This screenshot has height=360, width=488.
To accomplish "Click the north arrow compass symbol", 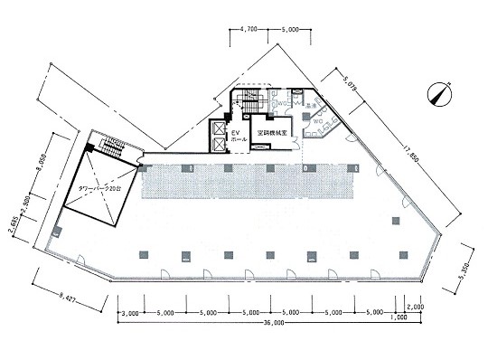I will click(441, 94).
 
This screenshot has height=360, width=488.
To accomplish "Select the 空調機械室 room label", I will click(271, 132).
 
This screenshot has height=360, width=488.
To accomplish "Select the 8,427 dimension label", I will click(61, 294).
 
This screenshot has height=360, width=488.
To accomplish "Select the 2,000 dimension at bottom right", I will click(414, 306).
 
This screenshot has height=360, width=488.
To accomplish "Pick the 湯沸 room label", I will click(309, 105).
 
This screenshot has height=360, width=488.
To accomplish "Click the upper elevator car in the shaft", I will click(217, 128).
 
